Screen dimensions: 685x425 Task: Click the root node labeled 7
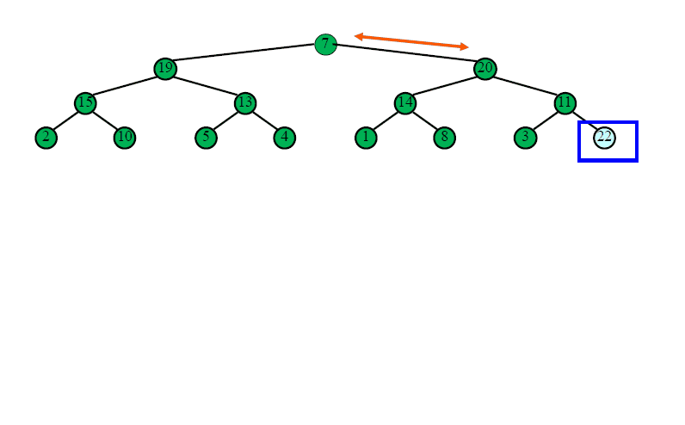point(325,44)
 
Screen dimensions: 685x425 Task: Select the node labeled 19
point(165,69)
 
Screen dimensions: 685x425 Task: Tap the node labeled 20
point(484,69)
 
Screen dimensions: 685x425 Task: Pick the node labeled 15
point(85,103)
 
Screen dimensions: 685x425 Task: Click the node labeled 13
point(245,103)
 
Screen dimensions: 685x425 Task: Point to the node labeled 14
point(405,103)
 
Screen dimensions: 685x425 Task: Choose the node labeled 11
point(565,103)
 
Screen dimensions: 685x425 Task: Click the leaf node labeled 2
point(46,138)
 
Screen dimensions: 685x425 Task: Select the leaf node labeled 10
point(125,138)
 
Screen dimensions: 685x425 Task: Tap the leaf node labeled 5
point(206,138)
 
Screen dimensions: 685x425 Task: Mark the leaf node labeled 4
point(284,138)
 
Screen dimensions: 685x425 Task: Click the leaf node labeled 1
point(366,138)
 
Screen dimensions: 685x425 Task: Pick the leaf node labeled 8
point(444,138)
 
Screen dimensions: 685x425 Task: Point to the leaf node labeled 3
point(525,138)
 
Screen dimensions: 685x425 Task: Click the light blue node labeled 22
point(604,138)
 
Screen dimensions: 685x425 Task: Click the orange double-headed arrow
point(411,41)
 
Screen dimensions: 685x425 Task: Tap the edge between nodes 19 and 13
point(206,86)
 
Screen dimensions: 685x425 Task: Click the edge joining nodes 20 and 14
point(445,86)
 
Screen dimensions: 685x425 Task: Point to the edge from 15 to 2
point(65,120)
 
